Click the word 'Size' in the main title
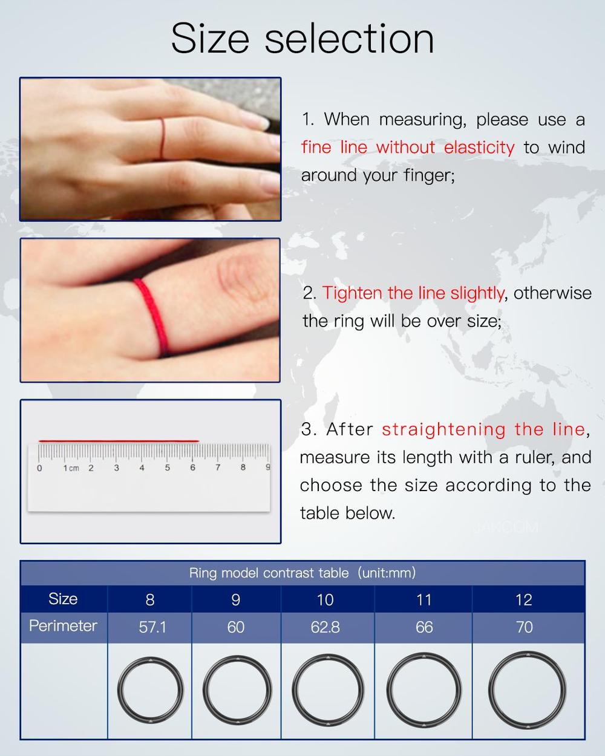209,39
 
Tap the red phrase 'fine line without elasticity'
408,148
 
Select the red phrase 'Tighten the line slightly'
413,293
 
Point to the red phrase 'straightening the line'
483,429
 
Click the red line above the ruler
119,441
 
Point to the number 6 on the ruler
192,468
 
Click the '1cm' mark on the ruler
71,468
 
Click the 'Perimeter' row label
63,626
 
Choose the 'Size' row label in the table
63,599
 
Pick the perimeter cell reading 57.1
152,627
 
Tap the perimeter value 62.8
325,627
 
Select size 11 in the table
424,599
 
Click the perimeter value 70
524,627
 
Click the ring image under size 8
150,690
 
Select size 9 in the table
235,599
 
